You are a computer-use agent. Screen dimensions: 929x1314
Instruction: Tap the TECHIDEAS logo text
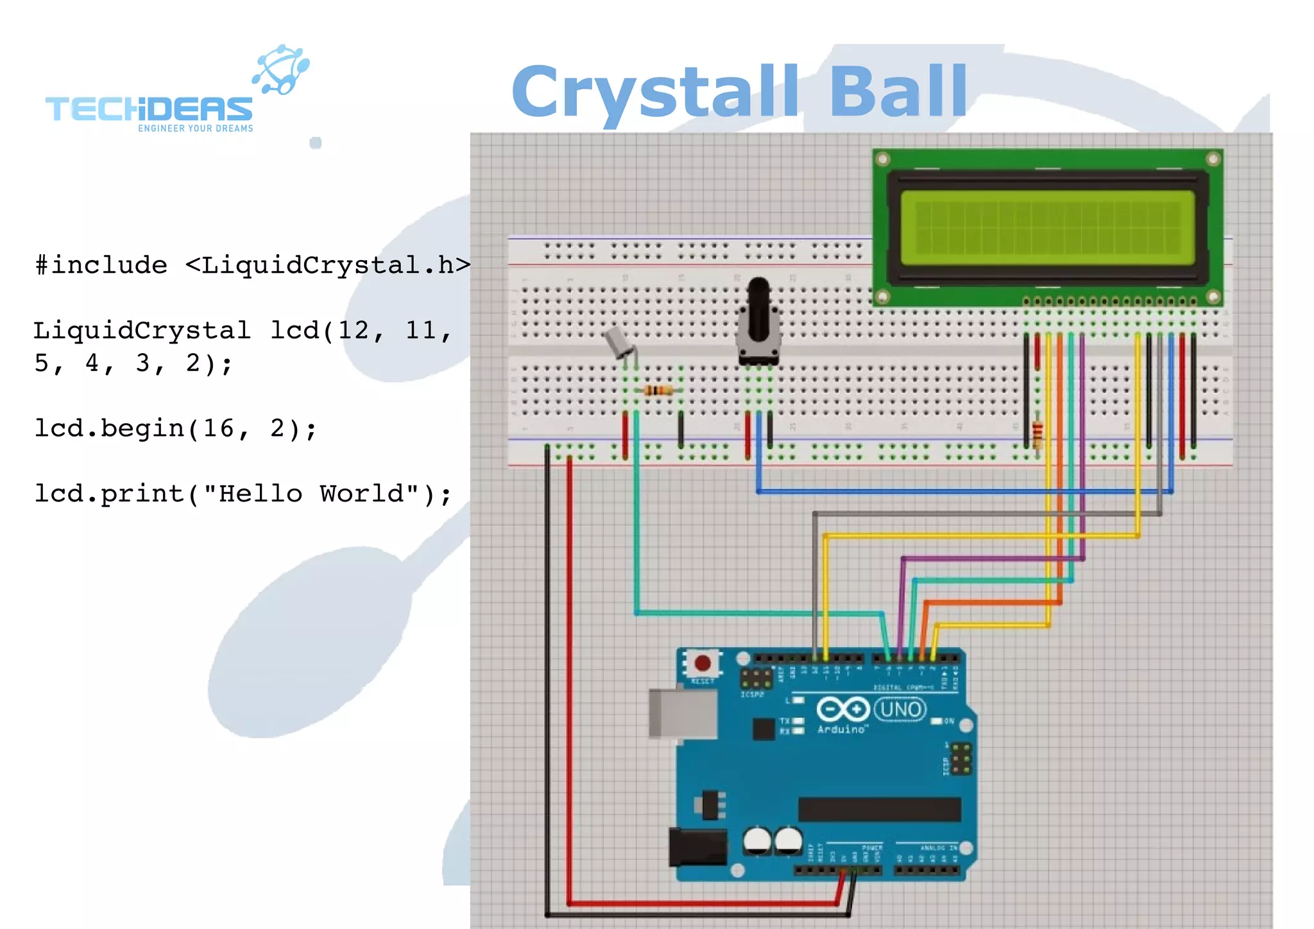pyautogui.click(x=149, y=109)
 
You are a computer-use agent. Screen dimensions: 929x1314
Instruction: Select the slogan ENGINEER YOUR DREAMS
pyautogui.click(x=196, y=128)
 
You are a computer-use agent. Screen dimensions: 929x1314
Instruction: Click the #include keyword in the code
pyautogui.click(x=101, y=265)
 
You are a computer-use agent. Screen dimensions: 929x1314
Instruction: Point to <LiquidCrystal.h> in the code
pyautogui.click(x=328, y=265)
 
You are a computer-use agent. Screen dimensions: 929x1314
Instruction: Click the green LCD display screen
pyautogui.click(x=1047, y=227)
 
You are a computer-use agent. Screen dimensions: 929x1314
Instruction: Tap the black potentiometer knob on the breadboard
pyautogui.click(x=758, y=308)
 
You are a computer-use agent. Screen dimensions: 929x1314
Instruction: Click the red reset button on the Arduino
pyautogui.click(x=703, y=663)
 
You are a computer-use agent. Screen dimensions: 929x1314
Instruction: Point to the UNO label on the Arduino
pyautogui.click(x=900, y=709)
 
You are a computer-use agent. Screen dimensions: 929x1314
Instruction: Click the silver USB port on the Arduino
pyautogui.click(x=682, y=714)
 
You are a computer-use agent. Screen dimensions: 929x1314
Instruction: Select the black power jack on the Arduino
pyautogui.click(x=697, y=846)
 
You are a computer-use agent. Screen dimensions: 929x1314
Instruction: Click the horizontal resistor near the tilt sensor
pyautogui.click(x=658, y=390)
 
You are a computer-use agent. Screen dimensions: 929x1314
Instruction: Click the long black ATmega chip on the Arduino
pyautogui.click(x=879, y=809)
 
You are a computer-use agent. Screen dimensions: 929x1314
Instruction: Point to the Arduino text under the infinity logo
pyautogui.click(x=841, y=730)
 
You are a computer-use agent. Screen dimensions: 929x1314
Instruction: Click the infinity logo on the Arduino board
pyautogui.click(x=842, y=709)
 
